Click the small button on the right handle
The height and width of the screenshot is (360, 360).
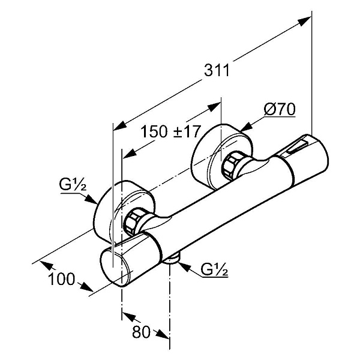[298, 145]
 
